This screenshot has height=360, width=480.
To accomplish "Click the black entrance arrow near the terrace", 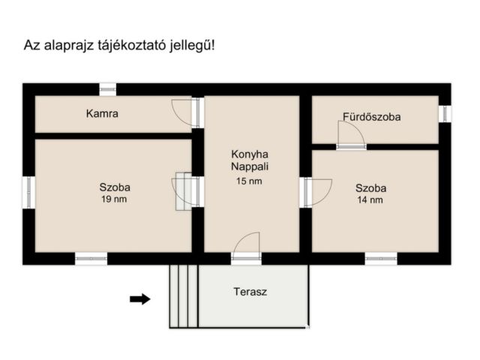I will tap(139, 299).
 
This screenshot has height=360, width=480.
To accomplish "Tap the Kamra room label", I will tap(103, 115).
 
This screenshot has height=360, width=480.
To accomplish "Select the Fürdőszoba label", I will tap(371, 117).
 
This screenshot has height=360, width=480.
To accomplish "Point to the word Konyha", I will tap(250, 154).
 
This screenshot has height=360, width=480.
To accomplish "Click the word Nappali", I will tap(250, 167).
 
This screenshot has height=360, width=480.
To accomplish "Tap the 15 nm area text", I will tap(250, 181).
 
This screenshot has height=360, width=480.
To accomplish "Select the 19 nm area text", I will tap(115, 199).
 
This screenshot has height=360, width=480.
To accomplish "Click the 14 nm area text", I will tap(370, 200).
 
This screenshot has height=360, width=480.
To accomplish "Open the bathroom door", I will tap(350, 136).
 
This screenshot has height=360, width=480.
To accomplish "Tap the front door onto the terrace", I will tap(246, 247).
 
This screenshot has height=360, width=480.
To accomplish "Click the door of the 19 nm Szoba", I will tap(187, 191).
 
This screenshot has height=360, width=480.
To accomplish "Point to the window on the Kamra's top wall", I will tap(108, 88).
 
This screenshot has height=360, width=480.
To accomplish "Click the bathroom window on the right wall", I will tap(445, 113).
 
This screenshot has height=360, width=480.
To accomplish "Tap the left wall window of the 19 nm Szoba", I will tap(28, 191).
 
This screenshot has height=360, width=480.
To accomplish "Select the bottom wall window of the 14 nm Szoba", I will tap(381, 258).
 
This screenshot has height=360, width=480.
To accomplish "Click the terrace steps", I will tap(183, 296).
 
